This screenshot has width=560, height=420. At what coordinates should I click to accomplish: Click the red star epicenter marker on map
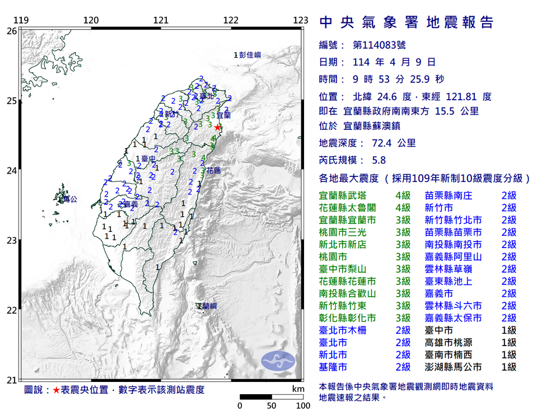[x=217, y=127]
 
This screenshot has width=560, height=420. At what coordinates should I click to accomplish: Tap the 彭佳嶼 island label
[x=250, y=55]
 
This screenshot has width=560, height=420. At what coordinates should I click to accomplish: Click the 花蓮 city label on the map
[x=213, y=170]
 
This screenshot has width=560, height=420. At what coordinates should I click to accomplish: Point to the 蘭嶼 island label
[x=208, y=306]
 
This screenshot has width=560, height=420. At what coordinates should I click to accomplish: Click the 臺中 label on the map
[x=148, y=158]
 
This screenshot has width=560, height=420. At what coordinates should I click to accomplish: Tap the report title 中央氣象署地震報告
[x=407, y=22]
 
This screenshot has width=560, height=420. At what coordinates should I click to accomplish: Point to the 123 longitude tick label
[x=301, y=21]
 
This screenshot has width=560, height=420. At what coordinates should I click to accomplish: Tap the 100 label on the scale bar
[x=303, y=405]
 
